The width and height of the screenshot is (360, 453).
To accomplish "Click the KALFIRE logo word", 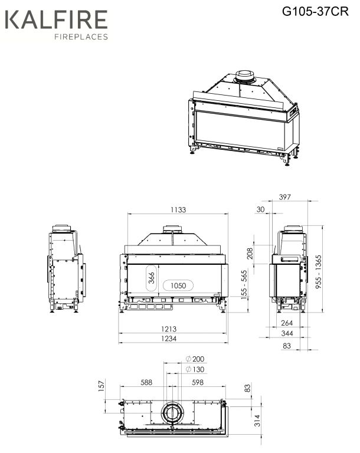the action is [x=57, y=19].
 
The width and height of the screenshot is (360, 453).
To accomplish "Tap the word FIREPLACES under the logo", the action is [x=81, y=37].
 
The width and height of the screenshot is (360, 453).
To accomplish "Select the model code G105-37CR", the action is [x=316, y=12].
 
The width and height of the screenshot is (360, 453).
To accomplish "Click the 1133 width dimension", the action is [x=178, y=209].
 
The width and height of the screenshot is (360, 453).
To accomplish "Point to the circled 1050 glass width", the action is [x=178, y=285].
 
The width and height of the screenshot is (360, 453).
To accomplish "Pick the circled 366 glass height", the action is [x=152, y=278].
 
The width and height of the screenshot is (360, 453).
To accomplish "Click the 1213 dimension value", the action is [x=169, y=329].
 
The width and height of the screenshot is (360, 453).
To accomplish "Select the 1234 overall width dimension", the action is [x=169, y=339].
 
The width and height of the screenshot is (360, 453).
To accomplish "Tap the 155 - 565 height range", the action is [x=244, y=285].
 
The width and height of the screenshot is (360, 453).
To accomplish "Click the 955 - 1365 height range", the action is [x=318, y=271].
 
